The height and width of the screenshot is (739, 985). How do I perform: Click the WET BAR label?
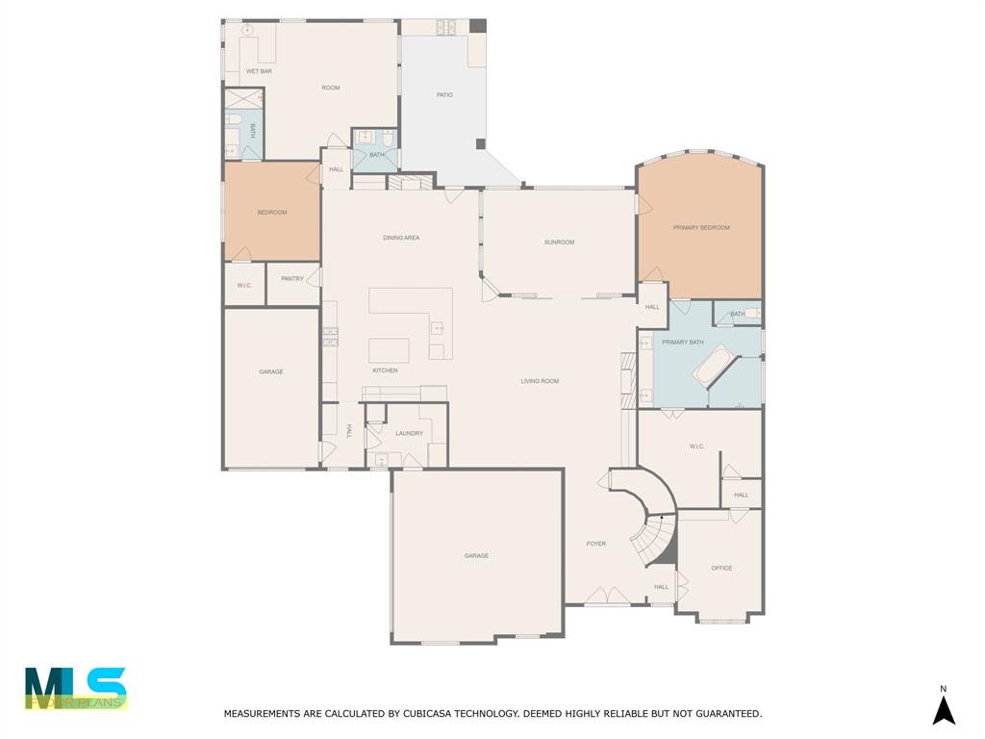[259, 71]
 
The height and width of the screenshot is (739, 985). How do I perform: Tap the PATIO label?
[444, 94]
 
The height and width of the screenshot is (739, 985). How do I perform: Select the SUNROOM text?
[559, 242]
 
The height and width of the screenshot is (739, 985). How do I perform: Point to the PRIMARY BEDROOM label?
[701, 228]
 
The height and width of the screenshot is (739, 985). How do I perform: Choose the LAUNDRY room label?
[409, 433]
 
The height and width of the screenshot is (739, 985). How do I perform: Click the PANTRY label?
[292, 279]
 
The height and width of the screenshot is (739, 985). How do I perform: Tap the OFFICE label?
[721, 568]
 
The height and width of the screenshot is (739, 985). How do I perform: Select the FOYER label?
[596, 544]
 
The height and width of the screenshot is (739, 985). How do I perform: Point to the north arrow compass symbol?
[944, 709]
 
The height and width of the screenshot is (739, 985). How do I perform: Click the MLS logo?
[76, 689]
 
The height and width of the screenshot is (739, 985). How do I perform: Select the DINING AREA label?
[401, 238]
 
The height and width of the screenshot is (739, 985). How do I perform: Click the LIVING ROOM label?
[540, 381]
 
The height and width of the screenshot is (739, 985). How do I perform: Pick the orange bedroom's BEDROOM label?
[272, 213]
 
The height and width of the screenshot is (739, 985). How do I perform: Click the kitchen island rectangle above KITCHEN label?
[389, 350]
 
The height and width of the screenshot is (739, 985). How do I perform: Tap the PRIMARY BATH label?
[683, 343]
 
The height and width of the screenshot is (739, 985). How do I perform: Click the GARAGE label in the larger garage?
[476, 555]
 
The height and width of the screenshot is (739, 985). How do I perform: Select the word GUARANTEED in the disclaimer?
[722, 714]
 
